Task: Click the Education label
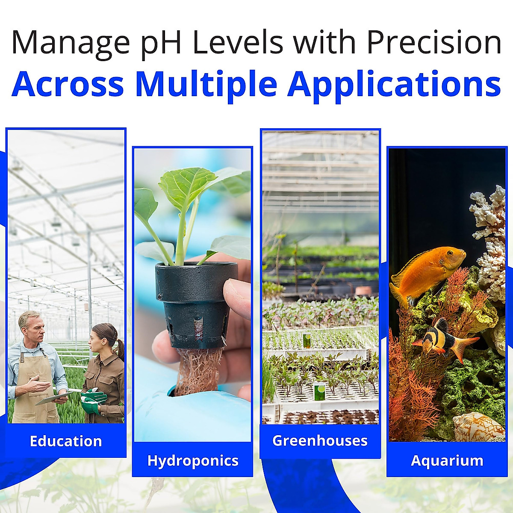click(66, 441)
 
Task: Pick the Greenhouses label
click(320, 441)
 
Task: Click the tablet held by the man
click(54, 398)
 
